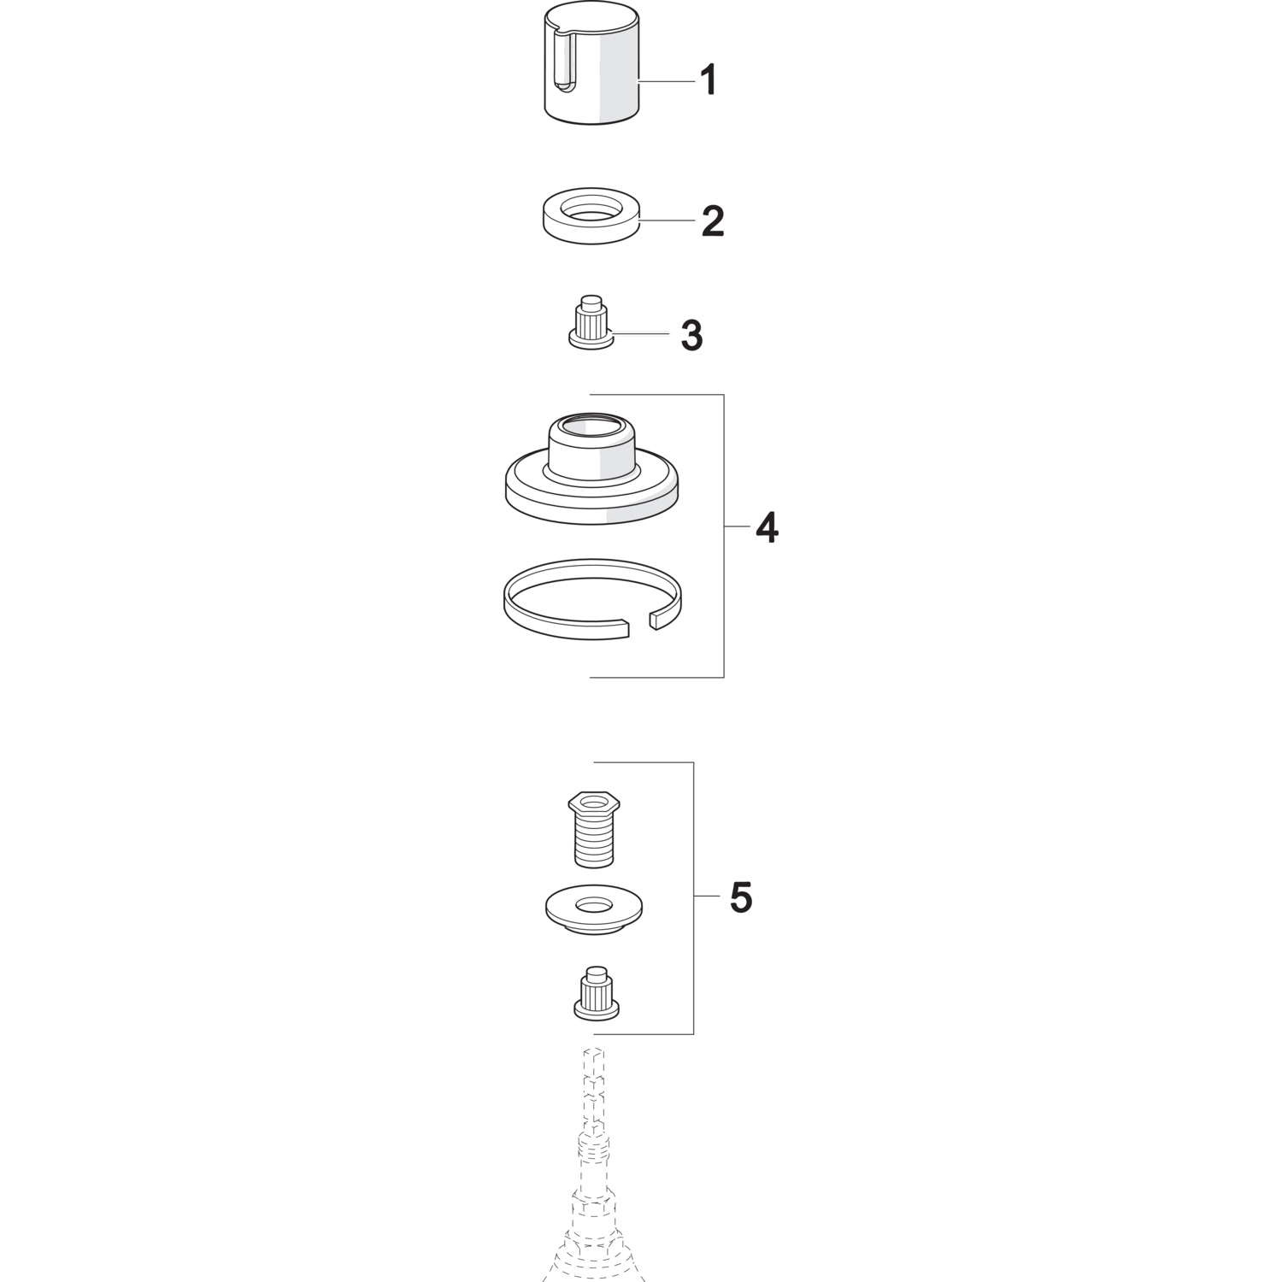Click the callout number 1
tap(708, 81)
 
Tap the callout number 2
tap(713, 221)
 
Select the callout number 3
tap(691, 336)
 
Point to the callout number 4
tap(767, 529)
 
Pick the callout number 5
tap(741, 898)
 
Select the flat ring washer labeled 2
tap(592, 215)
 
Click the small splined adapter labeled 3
tap(591, 321)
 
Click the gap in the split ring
tap(639, 624)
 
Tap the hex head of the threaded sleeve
tap(593, 803)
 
